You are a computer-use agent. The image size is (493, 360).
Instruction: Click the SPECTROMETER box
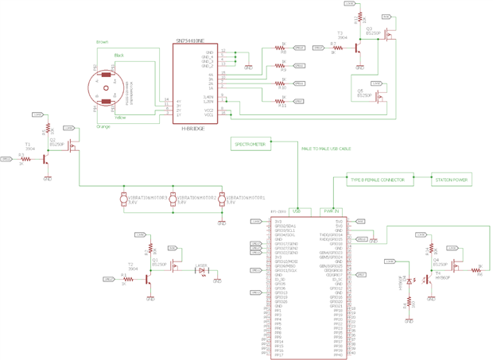(x=250, y=144)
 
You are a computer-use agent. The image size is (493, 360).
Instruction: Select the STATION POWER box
(x=450, y=180)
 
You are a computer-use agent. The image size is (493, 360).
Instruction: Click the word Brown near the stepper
(x=102, y=41)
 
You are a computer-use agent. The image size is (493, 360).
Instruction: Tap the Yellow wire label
(x=120, y=117)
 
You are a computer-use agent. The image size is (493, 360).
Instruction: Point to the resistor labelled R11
(x=282, y=101)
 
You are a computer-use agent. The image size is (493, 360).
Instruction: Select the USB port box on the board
(x=297, y=211)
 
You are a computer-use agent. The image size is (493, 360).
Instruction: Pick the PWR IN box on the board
(x=331, y=211)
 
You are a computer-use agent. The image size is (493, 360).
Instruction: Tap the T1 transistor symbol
(x=45, y=160)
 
